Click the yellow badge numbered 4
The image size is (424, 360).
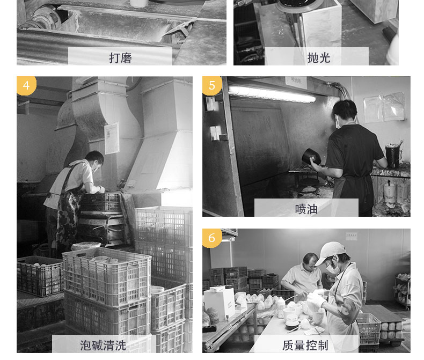pyautogui.click(x=26, y=85)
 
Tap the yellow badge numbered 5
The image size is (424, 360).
pyautogui.click(x=212, y=85)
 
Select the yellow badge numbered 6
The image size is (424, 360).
pyautogui.click(x=212, y=238)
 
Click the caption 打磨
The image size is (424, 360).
pyautogui.click(x=120, y=58)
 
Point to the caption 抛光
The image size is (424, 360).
pyautogui.click(x=319, y=57)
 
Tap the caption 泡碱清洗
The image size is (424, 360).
pyautogui.click(x=103, y=346)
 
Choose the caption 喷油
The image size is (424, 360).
pyautogui.click(x=306, y=209)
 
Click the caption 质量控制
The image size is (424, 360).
pyautogui.click(x=305, y=345)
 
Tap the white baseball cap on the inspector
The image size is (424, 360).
pyautogui.click(x=329, y=253)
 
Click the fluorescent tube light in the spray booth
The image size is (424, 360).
pyautogui.click(x=272, y=93)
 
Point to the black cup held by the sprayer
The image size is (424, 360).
pyautogui.click(x=311, y=156)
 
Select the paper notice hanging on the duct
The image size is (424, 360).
pyautogui.click(x=112, y=138)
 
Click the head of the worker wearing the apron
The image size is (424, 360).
pyautogui.click(x=94, y=160)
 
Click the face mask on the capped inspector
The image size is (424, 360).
pyautogui.click(x=332, y=267)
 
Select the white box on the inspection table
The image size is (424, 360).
pyautogui.click(x=220, y=303)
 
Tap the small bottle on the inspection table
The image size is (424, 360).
pyautogui.click(x=281, y=307)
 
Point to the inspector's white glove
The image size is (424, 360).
pyautogui.click(x=316, y=300)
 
